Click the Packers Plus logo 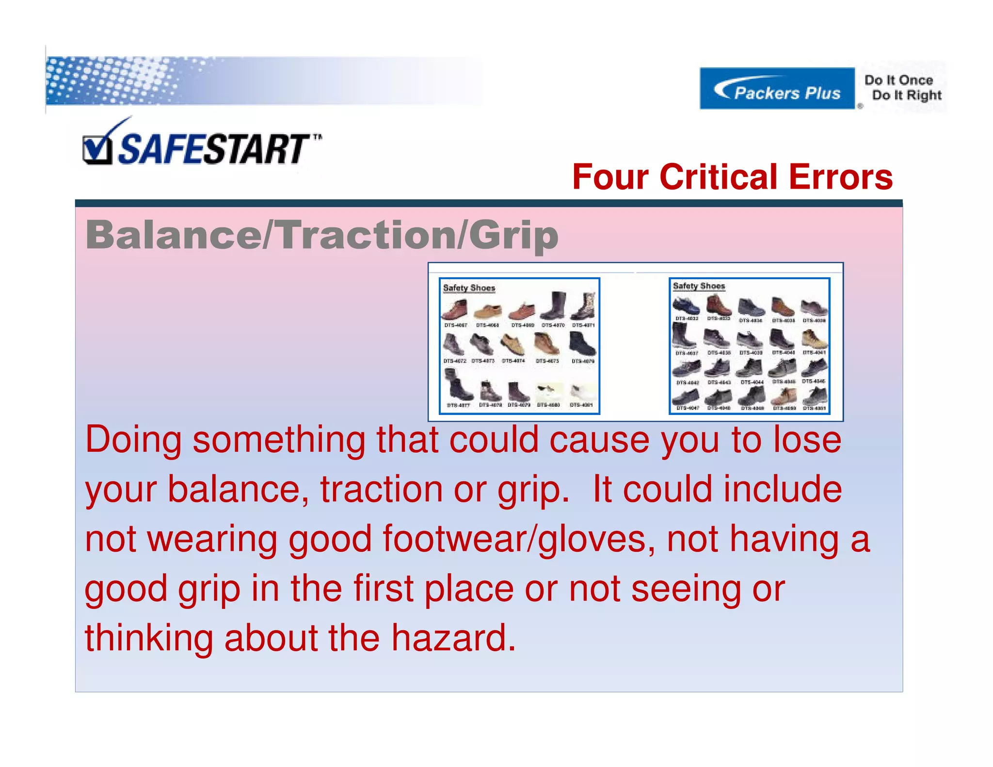pyautogui.click(x=777, y=89)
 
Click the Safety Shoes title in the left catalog pyautogui.click(x=469, y=288)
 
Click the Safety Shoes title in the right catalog pyautogui.click(x=699, y=286)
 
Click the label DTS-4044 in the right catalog pyautogui.click(x=752, y=382)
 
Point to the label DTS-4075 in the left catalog pyautogui.click(x=547, y=361)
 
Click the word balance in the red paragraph pyautogui.click(x=238, y=489)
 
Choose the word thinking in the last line pyautogui.click(x=148, y=638)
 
